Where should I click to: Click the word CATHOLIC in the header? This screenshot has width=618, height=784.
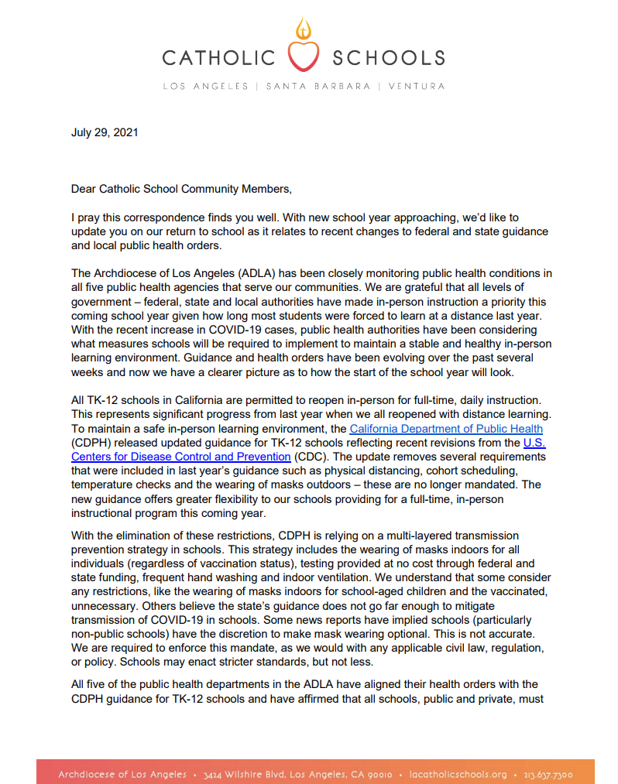[219, 57]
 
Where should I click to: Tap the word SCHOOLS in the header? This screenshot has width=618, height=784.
[388, 57]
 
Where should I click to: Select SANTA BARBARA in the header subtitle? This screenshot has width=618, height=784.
[318, 86]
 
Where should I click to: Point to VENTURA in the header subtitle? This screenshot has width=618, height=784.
[416, 86]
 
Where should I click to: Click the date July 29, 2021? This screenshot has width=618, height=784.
[105, 132]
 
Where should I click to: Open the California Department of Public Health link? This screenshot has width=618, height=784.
[445, 429]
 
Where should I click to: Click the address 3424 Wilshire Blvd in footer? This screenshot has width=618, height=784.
[251, 773]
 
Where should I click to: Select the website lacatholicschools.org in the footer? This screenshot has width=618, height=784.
[457, 773]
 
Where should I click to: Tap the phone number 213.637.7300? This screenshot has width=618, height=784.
[547, 773]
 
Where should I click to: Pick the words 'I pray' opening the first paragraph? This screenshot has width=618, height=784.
[86, 218]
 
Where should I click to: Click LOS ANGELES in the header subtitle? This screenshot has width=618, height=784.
[205, 86]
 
